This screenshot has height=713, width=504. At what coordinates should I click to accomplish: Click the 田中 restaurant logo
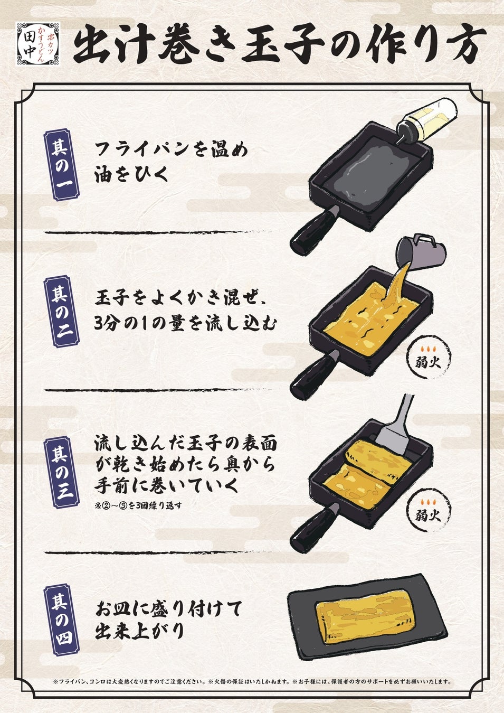point(37,43)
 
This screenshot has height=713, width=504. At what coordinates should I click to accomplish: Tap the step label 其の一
point(61,164)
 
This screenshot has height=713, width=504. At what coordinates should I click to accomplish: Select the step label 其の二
point(61,311)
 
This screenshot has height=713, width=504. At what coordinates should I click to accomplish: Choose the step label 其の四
point(61,620)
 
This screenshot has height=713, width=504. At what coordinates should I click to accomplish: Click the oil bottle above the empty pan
point(426,120)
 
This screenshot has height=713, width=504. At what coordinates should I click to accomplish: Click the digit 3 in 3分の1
point(98,325)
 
